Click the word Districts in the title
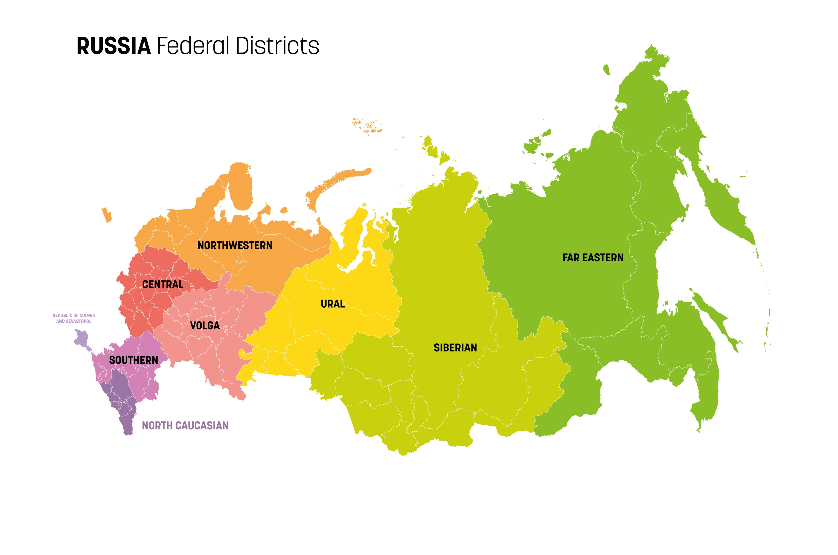click(277, 46)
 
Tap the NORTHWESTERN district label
click(235, 245)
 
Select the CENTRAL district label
click(163, 284)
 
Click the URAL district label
click(332, 304)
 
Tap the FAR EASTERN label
click(593, 258)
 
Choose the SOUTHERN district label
click(133, 360)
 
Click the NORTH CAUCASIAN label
click(185, 425)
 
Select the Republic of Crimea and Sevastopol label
click(74, 318)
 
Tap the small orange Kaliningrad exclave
click(106, 215)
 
